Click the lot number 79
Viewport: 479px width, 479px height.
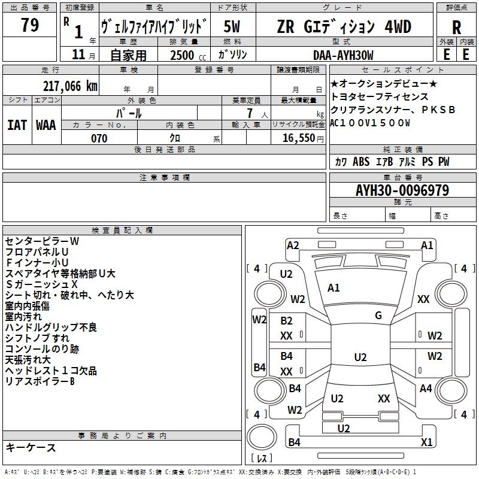coord(29,26)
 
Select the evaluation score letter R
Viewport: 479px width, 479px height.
coord(456,28)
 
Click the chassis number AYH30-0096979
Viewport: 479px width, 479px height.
coord(402,190)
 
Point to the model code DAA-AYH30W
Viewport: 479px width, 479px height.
coord(343,54)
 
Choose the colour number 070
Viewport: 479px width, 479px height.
coord(99,138)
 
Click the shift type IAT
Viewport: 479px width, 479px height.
coord(17,125)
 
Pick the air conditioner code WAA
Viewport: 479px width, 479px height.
coord(46,125)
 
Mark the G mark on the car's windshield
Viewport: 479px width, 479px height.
coord(378,315)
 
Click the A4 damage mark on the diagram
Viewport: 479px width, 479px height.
coord(426,389)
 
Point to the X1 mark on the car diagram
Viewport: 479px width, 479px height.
coord(426,442)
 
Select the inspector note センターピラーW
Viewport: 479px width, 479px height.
coord(42,241)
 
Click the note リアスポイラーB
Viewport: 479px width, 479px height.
coord(40,381)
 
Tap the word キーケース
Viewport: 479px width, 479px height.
coord(31,448)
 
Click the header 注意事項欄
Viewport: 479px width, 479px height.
coord(164,178)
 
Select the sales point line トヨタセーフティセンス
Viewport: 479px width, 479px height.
coord(380,96)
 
